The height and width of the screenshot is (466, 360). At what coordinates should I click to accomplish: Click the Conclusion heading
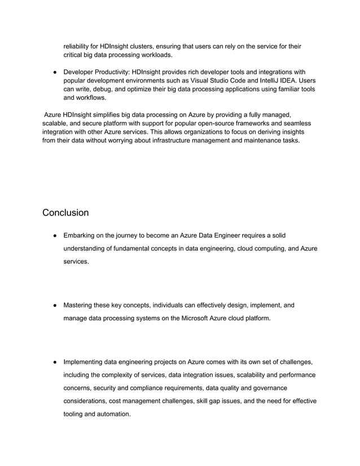pos(65,213)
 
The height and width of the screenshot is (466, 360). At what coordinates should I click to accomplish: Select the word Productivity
pos(112,72)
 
